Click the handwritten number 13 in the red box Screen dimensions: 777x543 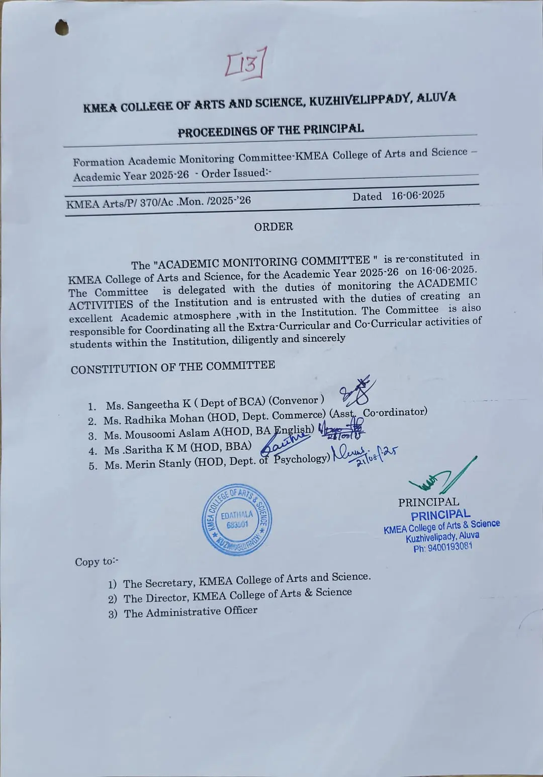pos(245,63)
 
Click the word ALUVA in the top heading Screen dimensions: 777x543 pos(437,97)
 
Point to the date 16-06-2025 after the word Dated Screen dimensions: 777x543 pos(418,195)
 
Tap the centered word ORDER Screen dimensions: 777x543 pos(274,227)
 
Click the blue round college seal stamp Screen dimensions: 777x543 pos(235,520)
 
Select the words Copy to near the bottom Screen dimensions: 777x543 pos(97,562)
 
